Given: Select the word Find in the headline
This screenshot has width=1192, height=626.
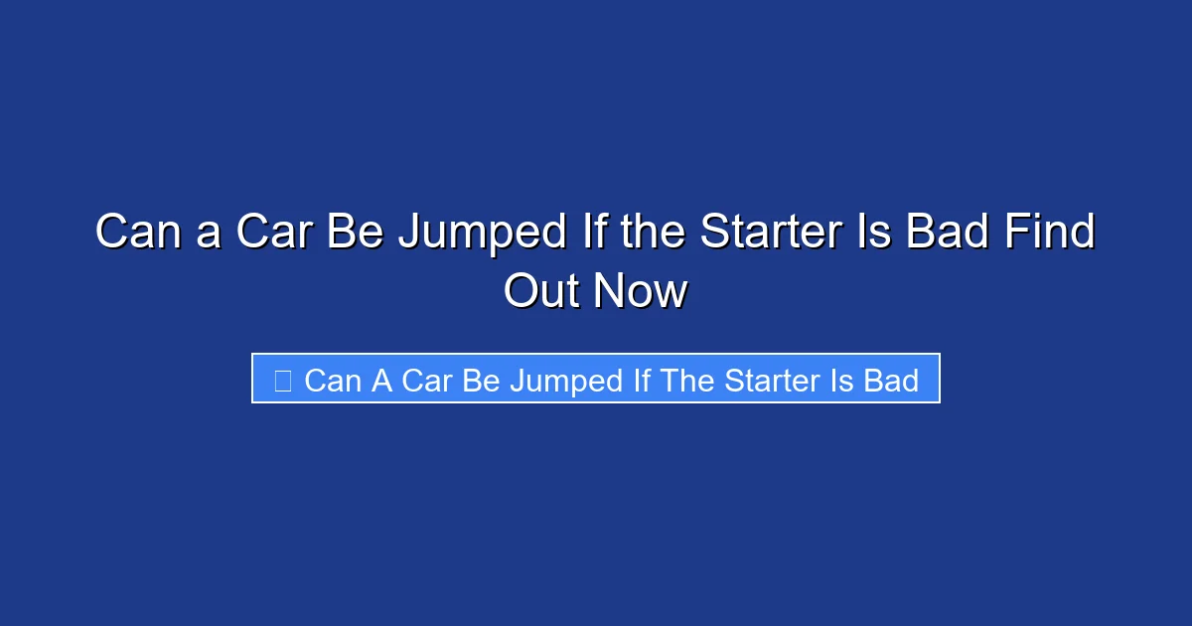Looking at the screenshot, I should click(x=1053, y=233).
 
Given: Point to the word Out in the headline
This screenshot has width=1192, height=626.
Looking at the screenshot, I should click(x=543, y=291).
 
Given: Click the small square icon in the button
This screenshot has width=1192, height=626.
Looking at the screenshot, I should click(x=282, y=380).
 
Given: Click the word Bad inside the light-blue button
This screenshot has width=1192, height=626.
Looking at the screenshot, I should click(x=891, y=380).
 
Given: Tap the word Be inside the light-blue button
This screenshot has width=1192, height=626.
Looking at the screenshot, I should click(x=481, y=380).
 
